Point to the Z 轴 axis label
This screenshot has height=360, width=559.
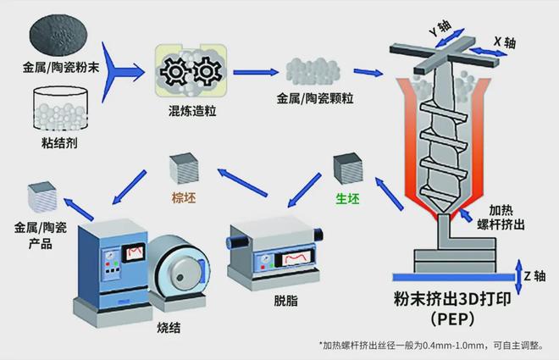pyautogui.click(x=535, y=276)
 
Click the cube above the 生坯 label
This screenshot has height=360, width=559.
pyautogui.click(x=348, y=168)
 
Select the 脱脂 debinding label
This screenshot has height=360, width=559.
pyautogui.click(x=285, y=301)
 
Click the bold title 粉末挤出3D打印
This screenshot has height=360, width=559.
pyautogui.click(x=449, y=298)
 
